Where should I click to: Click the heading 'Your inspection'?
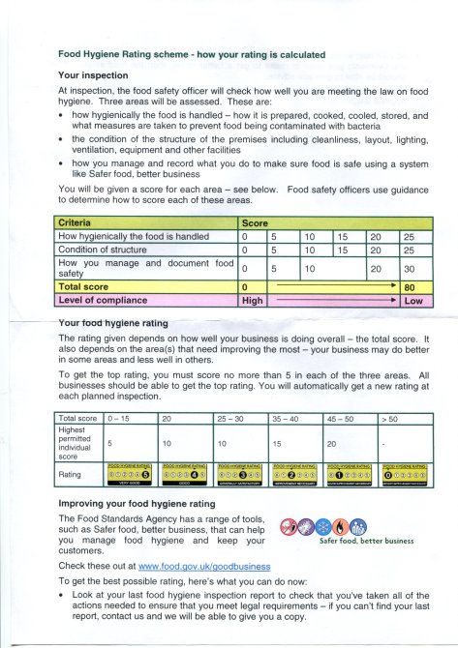pos(94,74)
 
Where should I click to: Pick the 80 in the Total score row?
pos(411,287)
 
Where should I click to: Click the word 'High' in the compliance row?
pos(252,302)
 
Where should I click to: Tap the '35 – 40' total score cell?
pos(289,418)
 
